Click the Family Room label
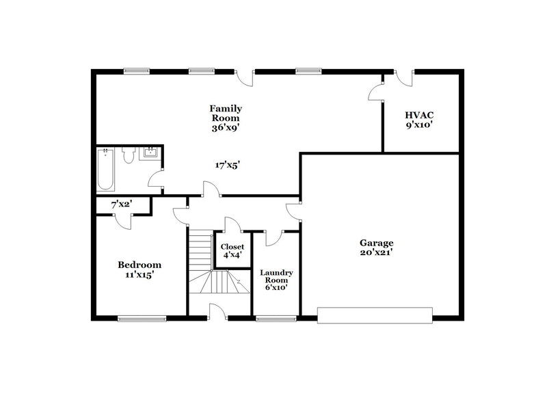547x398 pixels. tap(226, 113)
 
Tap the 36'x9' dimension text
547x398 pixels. tap(226, 127)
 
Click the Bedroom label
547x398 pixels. tap(139, 265)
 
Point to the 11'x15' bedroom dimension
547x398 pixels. tap(139, 276)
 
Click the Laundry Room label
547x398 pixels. tap(276, 278)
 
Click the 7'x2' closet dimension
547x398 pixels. tap(122, 204)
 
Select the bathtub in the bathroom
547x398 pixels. tap(106, 169)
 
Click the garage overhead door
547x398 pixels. tap(375, 315)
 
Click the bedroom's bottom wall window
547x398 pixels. tap(142, 318)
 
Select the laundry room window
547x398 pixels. tap(276, 318)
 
